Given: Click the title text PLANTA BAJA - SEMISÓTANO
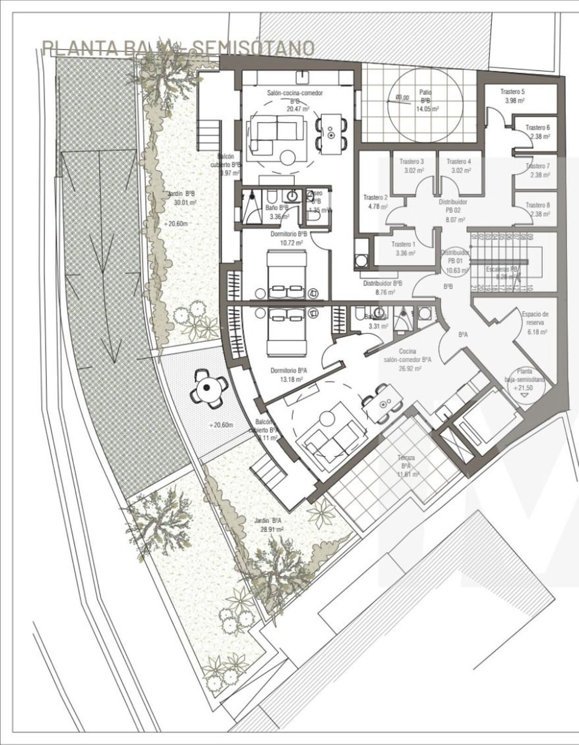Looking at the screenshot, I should click(x=179, y=48).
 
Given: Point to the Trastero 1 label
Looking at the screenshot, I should click(x=403, y=249).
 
